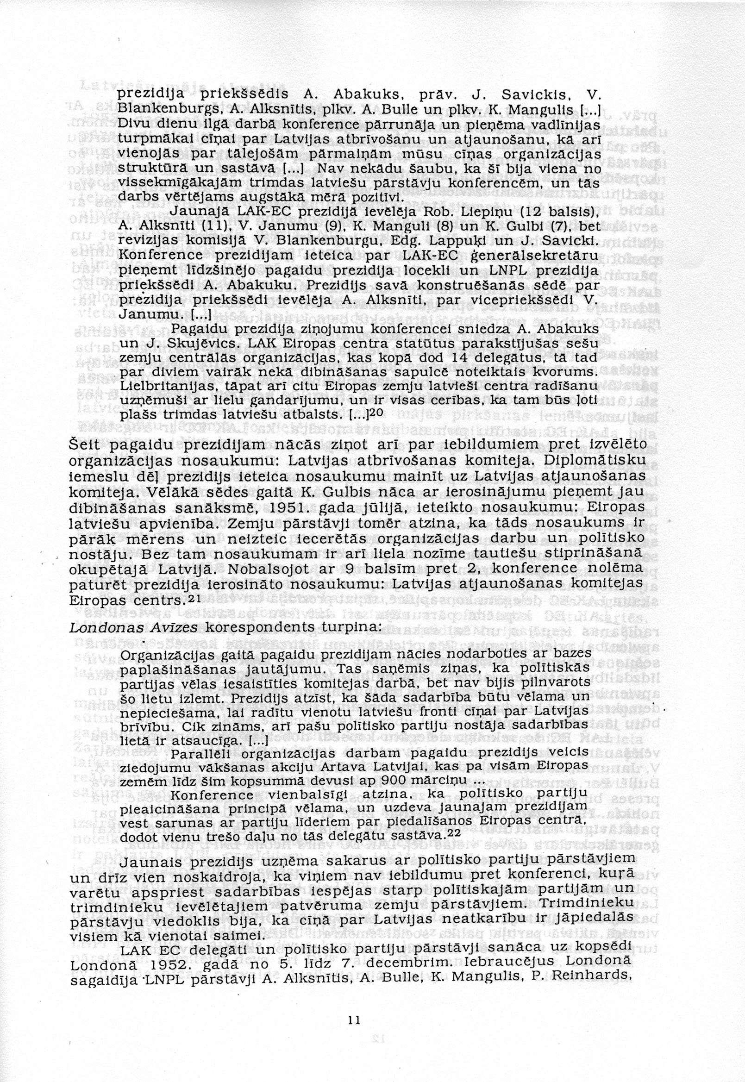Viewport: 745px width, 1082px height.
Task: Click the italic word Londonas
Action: coord(94,627)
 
